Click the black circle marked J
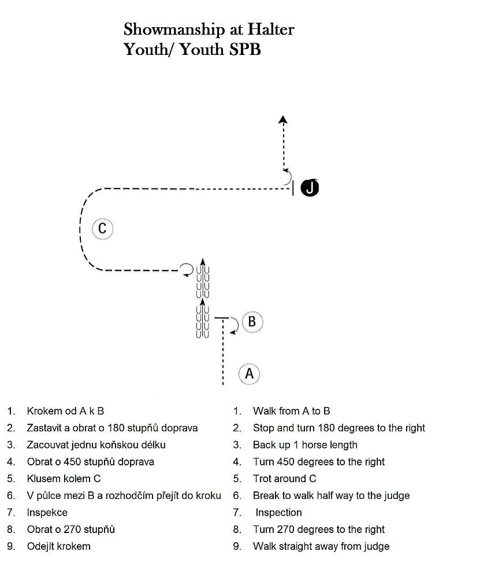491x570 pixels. tap(310, 187)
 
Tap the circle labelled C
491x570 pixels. tap(102, 229)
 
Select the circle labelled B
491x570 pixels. tap(252, 322)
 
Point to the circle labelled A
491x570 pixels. tap(249, 373)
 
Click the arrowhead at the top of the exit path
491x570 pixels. tap(283, 119)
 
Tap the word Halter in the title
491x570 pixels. tap(271, 29)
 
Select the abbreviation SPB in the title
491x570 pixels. tap(245, 50)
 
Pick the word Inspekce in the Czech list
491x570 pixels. tap(47, 513)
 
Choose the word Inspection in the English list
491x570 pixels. tap(278, 513)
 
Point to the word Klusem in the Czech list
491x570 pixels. tap(41, 479)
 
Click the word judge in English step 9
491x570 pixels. tap(377, 546)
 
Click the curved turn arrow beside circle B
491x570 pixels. tap(235, 325)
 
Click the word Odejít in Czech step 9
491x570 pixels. tap(41, 546)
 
